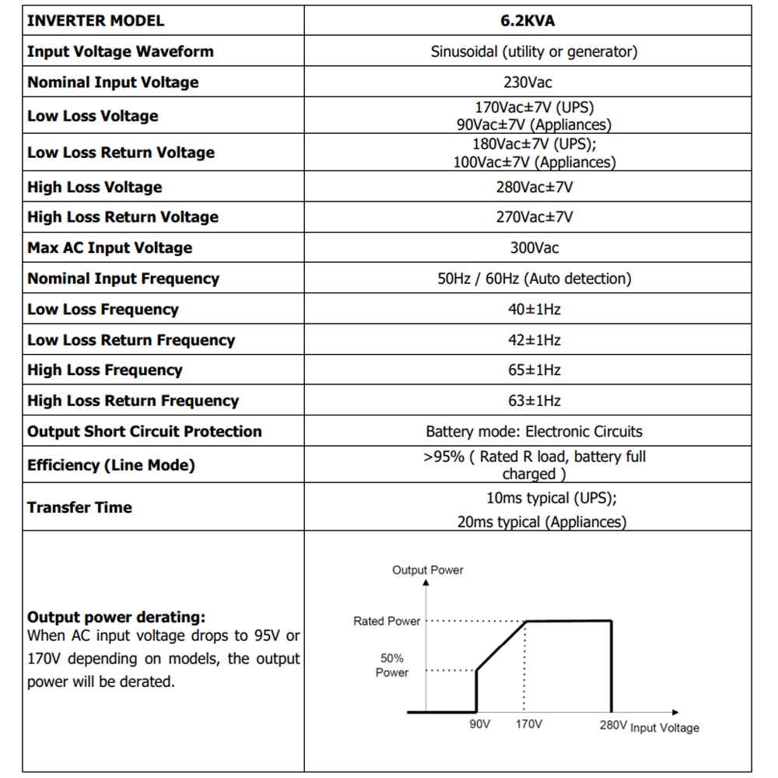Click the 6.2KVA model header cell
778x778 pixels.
(x=527, y=21)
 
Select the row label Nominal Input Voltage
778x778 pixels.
(x=113, y=82)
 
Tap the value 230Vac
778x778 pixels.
(x=527, y=82)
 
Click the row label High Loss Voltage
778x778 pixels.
(x=95, y=187)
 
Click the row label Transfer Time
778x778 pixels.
(x=79, y=507)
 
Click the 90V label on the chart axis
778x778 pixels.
(x=479, y=724)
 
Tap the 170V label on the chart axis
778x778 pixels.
(x=529, y=724)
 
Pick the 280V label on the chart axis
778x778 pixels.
(x=612, y=724)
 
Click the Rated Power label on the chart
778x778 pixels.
(x=387, y=622)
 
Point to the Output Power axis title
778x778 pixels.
(x=427, y=570)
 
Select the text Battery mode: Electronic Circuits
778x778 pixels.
(x=534, y=432)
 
